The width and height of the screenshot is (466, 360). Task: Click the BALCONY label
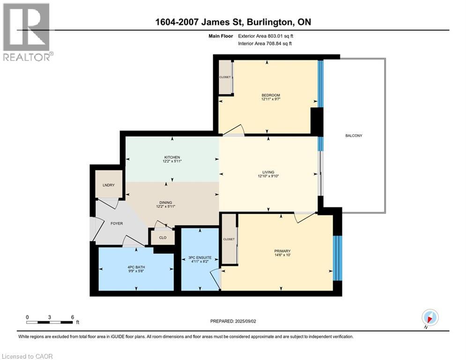pyautogui.click(x=354, y=135)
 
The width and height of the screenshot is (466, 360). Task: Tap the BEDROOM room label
pyautogui.click(x=271, y=96)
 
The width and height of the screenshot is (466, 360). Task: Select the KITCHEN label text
pyautogui.click(x=172, y=157)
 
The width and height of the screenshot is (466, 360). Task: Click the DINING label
pyautogui.click(x=172, y=202)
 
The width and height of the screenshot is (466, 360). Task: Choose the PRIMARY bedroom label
pyautogui.click(x=282, y=251)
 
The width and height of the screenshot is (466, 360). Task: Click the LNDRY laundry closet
pyautogui.click(x=108, y=184)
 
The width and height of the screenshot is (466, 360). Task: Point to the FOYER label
pyautogui.click(x=116, y=223)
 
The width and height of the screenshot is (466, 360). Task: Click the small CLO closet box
pyautogui.click(x=163, y=237)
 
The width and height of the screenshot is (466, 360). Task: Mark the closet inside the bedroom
pyautogui.click(x=225, y=77)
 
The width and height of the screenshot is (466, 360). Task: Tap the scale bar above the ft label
pyautogui.click(x=50, y=322)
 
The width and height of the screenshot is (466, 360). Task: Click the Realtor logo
pyautogui.click(x=26, y=31)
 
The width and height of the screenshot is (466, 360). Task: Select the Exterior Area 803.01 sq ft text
pyautogui.click(x=267, y=36)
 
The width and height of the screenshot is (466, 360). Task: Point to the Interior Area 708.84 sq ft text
pyautogui.click(x=267, y=44)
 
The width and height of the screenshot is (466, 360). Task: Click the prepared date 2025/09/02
pyautogui.click(x=235, y=321)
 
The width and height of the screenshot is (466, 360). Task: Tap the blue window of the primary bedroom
pyautogui.click(x=337, y=258)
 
